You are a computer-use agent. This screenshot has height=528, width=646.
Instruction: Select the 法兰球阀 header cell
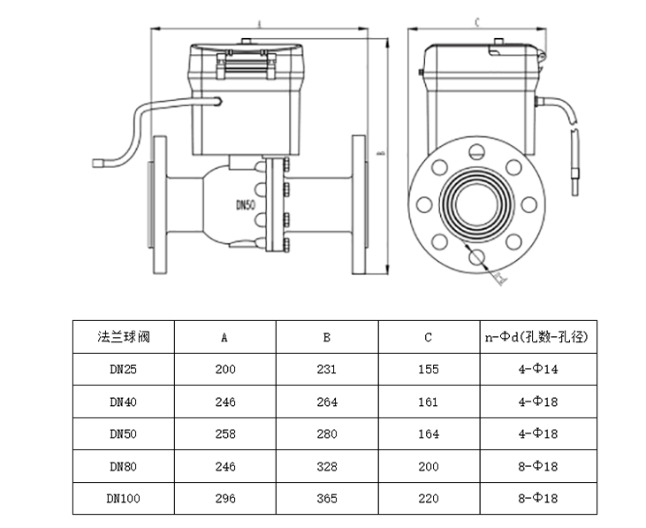pyautogui.click(x=123, y=336)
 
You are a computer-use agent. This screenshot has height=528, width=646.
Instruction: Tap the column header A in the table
pyautogui.click(x=224, y=337)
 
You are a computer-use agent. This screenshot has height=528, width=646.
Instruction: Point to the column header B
pyautogui.click(x=327, y=337)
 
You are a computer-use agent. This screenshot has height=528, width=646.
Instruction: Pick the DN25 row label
pyautogui.click(x=123, y=369)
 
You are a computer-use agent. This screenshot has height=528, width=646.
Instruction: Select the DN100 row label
pyautogui.click(x=123, y=499)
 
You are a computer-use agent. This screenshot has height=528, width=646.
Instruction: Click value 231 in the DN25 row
pyautogui.click(x=327, y=369)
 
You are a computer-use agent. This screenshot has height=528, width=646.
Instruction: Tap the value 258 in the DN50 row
pyautogui.click(x=224, y=433)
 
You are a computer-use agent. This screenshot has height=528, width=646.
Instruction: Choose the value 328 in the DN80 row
pyautogui.click(x=327, y=466)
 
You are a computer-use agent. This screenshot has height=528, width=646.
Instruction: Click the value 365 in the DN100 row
pyautogui.click(x=327, y=499)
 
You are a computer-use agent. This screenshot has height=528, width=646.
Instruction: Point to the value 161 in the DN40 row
pyautogui.click(x=428, y=402)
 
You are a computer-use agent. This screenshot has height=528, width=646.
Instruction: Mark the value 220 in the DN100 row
pyautogui.click(x=428, y=499)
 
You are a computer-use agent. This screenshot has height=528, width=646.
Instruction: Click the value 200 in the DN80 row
pyautogui.click(x=428, y=466)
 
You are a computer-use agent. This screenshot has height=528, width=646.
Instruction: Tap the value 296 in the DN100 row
pyautogui.click(x=224, y=499)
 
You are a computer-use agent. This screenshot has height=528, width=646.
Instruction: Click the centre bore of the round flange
pyautogui.click(x=478, y=206)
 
